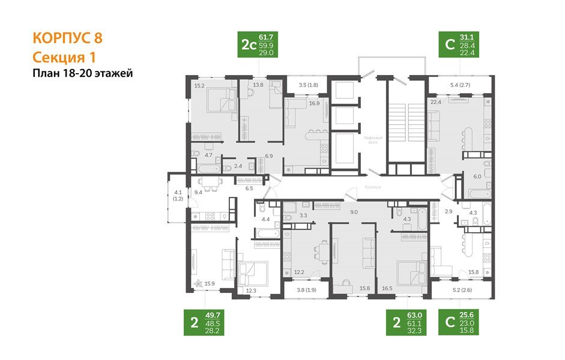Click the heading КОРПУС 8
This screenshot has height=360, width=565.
coord(67,38)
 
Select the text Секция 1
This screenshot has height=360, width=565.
coord(63,57)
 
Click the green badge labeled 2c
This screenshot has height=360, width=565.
coord(247,45)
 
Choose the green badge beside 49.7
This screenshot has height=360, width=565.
coord(194,322)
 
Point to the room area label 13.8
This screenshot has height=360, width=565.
coord(258,86)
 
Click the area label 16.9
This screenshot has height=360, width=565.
coord(314,103)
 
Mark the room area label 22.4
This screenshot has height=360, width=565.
coord(436,102)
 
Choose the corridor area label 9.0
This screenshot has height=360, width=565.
coord(354,211)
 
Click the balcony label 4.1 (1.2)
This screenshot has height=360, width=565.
coord(178,195)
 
